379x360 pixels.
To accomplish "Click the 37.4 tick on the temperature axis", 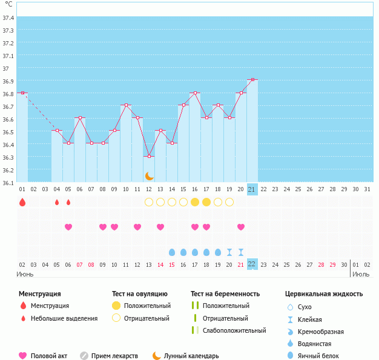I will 8,18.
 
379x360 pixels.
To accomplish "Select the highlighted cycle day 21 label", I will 252,189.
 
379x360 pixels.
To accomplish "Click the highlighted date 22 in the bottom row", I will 252,264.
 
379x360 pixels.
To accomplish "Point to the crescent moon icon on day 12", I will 149,176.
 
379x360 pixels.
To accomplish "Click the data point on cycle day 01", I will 22,93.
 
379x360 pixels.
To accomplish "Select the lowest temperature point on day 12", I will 149,157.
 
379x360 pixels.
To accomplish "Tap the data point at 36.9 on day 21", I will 252,80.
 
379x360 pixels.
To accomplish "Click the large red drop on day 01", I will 22,202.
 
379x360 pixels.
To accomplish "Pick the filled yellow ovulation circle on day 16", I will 195,202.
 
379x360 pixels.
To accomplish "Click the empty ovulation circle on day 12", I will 149,202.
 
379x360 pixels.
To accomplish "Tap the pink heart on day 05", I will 68,227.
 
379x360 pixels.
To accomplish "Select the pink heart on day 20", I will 241,227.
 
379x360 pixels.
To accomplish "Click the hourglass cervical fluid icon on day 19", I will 229,252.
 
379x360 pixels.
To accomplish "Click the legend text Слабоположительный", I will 234,330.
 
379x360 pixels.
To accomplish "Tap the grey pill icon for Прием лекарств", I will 84,356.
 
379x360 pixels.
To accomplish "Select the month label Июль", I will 361,275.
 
